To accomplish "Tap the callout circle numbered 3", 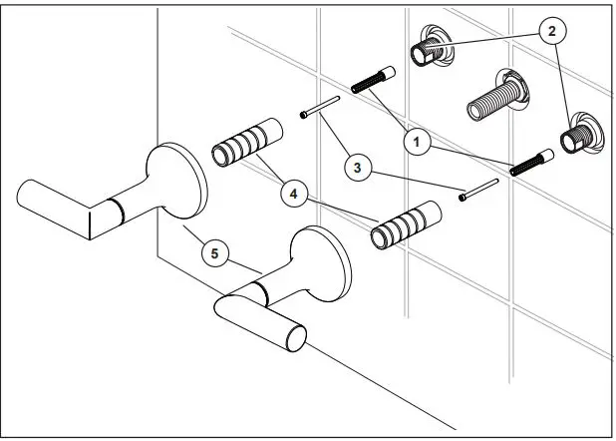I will pos(356,167).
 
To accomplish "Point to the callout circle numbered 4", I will pos(294,195).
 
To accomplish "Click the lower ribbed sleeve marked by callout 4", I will pos(404,225).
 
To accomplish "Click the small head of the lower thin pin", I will pos(464,199).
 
